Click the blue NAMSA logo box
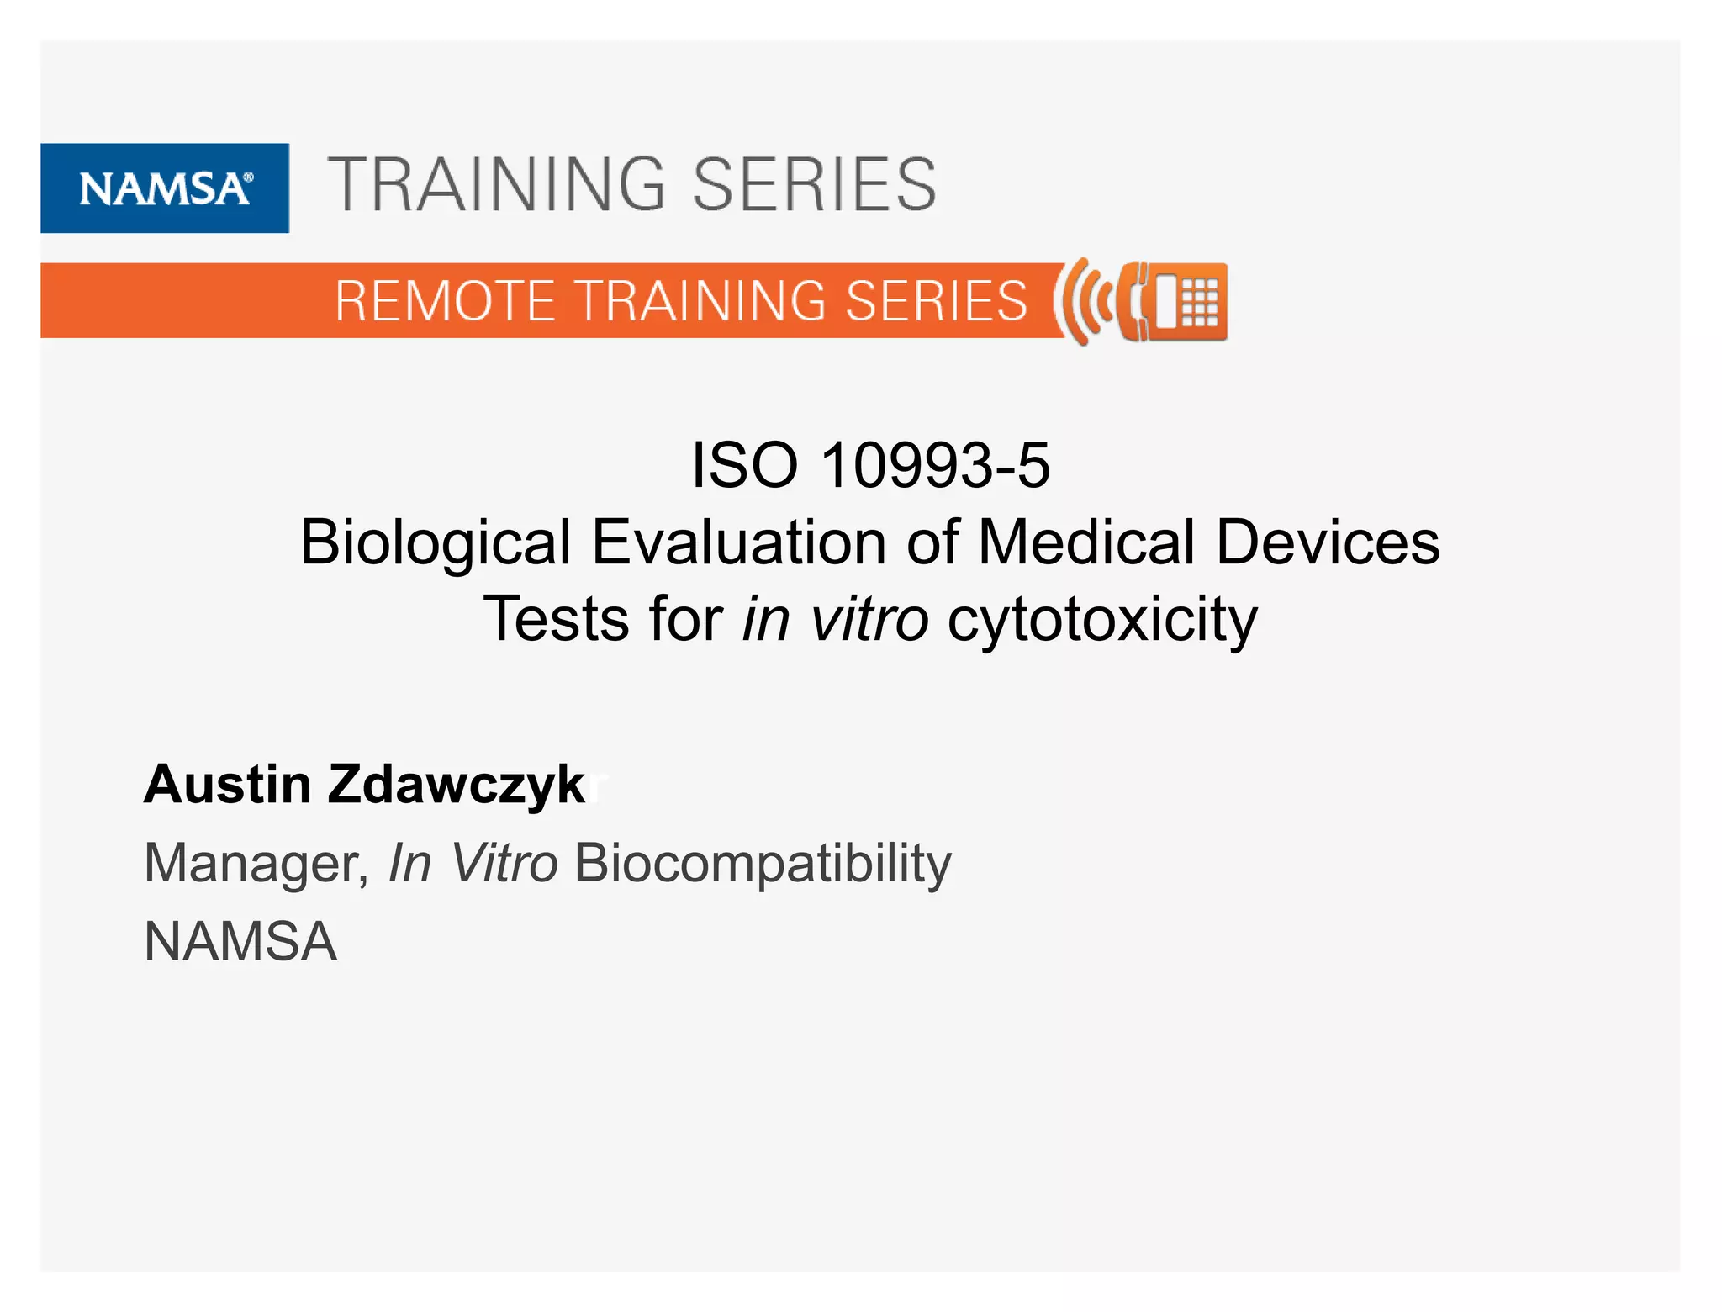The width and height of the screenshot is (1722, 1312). (165, 188)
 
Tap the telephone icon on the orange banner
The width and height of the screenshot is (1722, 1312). (1174, 301)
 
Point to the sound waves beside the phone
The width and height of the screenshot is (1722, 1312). (1083, 301)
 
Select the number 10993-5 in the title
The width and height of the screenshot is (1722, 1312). (935, 465)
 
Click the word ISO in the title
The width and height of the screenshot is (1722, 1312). (744, 465)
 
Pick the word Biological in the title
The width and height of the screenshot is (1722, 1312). (436, 542)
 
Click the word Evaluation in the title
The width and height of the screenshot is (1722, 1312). (738, 542)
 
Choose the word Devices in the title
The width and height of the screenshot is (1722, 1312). (1328, 542)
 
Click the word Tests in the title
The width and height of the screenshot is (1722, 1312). (556, 619)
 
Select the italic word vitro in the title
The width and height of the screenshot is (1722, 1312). (869, 619)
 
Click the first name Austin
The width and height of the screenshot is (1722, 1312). (227, 784)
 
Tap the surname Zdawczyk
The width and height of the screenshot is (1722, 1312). (456, 786)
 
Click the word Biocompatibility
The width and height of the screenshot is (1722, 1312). (763, 863)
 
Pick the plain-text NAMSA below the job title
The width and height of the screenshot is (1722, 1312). (240, 941)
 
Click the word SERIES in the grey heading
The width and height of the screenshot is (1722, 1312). (813, 185)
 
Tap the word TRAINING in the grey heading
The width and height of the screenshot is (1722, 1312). (496, 185)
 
